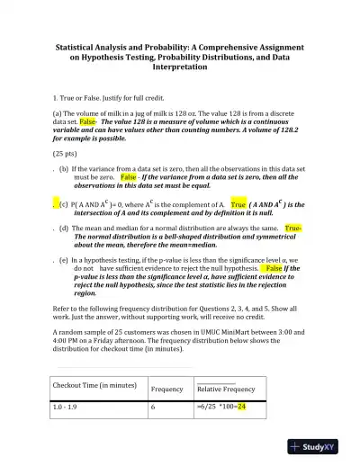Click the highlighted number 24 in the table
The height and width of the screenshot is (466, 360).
click(241, 407)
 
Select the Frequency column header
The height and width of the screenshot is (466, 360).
click(166, 389)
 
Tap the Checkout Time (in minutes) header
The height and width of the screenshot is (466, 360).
click(94, 385)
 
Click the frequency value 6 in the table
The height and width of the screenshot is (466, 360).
click(153, 407)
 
